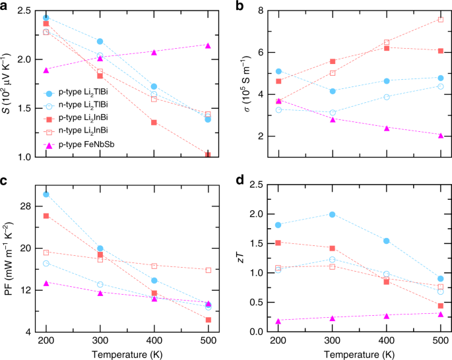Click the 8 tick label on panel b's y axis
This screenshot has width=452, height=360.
click(x=261, y=11)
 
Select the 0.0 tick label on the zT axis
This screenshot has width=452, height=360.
click(x=257, y=332)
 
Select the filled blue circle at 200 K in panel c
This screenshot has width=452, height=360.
click(x=46, y=195)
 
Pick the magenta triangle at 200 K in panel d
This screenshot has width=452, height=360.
click(x=278, y=321)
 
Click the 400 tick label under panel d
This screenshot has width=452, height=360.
click(x=385, y=342)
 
